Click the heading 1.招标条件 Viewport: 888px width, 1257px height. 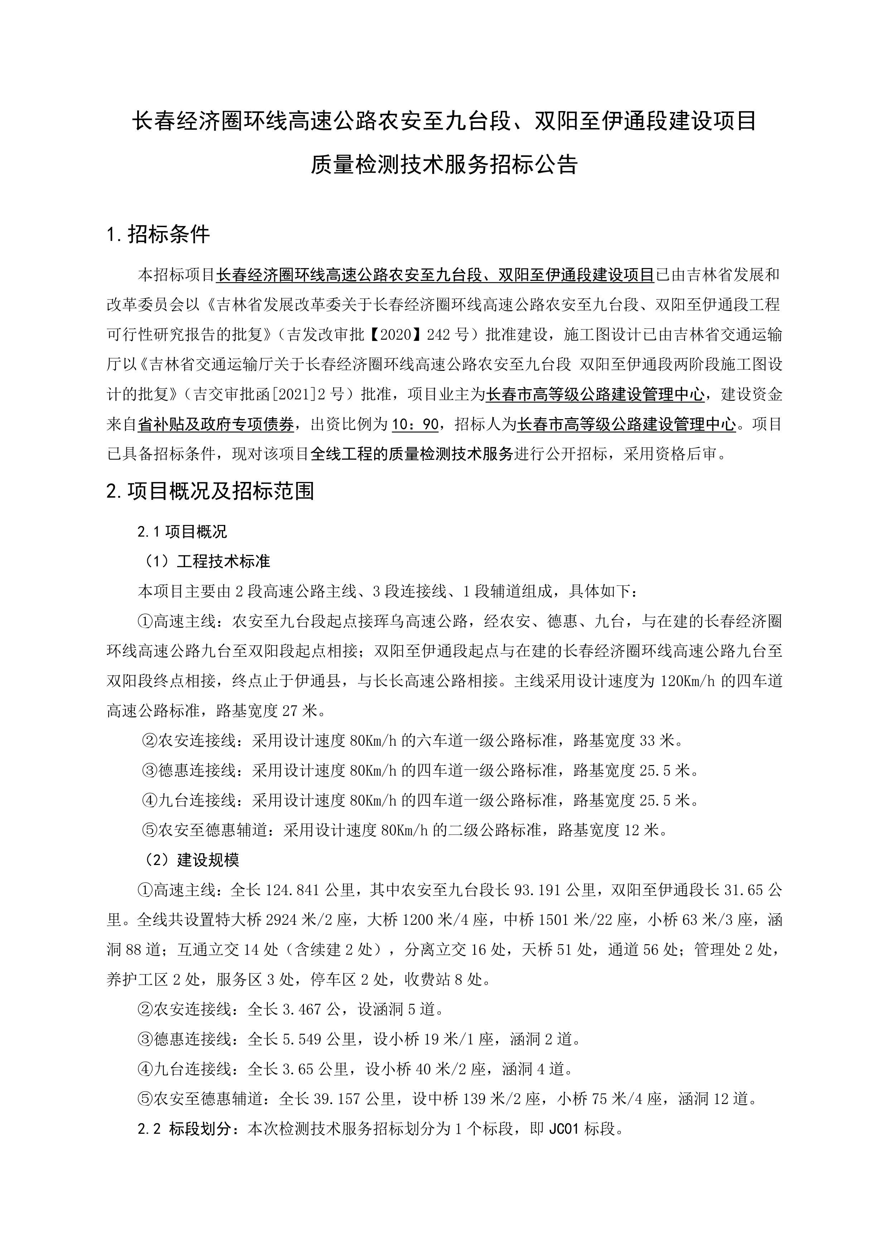coord(158,234)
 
